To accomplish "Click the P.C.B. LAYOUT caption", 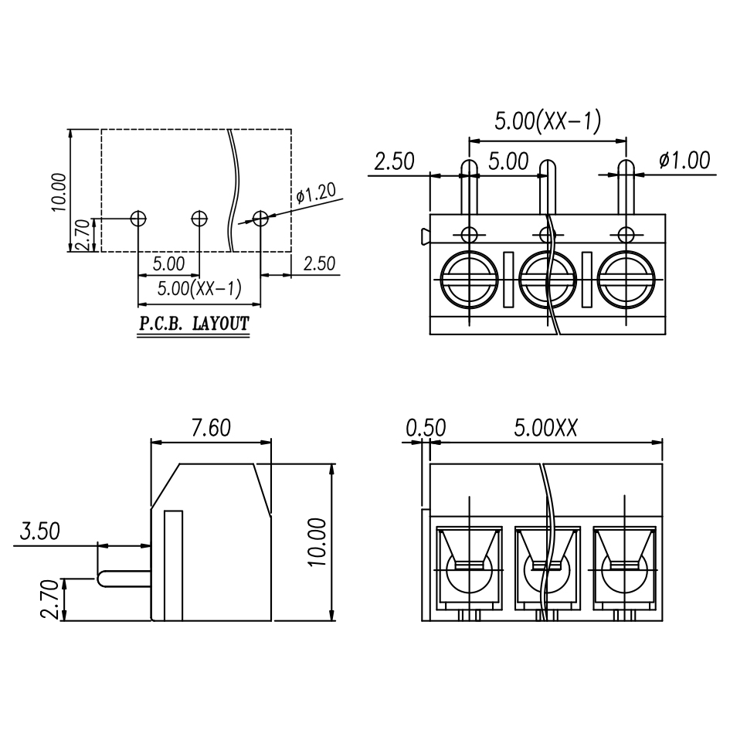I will (194, 324).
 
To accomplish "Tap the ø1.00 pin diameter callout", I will (684, 160).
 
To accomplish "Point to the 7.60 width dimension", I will (209, 427).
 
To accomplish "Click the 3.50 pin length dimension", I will (39, 531).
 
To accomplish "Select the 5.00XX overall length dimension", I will (545, 427).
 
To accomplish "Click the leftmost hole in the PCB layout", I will (138, 219).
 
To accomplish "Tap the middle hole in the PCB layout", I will (199, 219).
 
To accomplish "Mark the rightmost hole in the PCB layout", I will (260, 219).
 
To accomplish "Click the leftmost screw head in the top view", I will (469, 280).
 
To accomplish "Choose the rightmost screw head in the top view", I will (626, 280).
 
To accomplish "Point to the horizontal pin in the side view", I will (124, 578).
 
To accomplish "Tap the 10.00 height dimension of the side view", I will (319, 542).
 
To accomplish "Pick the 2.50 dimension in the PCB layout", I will (319, 263).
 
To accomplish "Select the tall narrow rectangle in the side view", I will (174, 565).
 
